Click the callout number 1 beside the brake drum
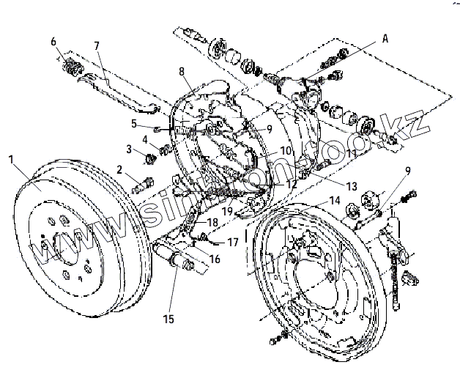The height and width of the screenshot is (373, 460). click(11, 159)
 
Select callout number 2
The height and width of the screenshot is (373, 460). click(119, 170)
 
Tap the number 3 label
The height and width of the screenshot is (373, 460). click(129, 149)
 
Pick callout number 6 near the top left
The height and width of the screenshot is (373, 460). click(53, 42)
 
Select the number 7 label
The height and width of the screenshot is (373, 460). click(97, 46)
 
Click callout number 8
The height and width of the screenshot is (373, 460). click(181, 71)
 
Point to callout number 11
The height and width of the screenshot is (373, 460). click(352, 153)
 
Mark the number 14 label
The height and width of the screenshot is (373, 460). click(334, 200)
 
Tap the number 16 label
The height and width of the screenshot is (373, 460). click(215, 257)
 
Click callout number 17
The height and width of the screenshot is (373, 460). click(233, 241)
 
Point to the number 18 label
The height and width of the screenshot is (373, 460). click(212, 221)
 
